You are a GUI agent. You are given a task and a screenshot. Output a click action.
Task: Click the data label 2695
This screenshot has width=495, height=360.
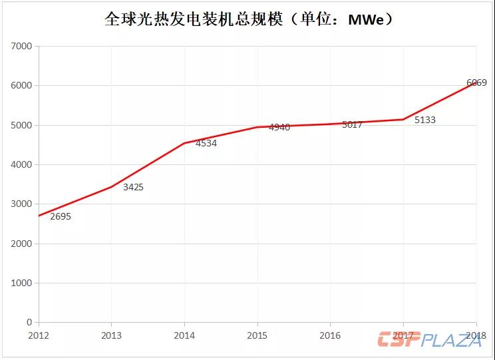pyautogui.click(x=60, y=216)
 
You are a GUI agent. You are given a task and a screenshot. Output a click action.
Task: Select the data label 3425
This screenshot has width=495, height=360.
pyautogui.click(x=133, y=187)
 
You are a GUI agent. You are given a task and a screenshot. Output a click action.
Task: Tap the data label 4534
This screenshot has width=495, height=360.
pyautogui.click(x=206, y=143)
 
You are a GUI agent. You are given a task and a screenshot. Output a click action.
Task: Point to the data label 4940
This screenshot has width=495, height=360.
pyautogui.click(x=279, y=127)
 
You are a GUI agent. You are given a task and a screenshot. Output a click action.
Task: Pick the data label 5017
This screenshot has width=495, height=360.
pyautogui.click(x=352, y=124)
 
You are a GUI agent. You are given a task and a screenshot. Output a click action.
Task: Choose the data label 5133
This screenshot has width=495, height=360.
pyautogui.click(x=424, y=120)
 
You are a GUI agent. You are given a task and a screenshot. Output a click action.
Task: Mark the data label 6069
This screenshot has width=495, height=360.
pyautogui.click(x=476, y=83)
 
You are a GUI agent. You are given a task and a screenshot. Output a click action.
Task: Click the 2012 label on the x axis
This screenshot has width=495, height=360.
pyautogui.click(x=39, y=335)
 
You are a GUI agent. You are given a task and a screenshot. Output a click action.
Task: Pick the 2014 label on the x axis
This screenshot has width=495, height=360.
pyautogui.click(x=184, y=335)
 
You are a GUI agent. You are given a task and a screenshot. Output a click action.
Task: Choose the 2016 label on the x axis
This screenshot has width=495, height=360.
pyautogui.click(x=331, y=335)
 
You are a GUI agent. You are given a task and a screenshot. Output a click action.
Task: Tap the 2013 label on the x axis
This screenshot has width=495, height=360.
pyautogui.click(x=112, y=335)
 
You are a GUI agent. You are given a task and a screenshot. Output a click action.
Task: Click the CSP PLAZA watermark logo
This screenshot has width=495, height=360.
pyautogui.click(x=429, y=339)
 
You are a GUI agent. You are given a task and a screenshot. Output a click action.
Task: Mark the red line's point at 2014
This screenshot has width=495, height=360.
pyautogui.click(x=184, y=143)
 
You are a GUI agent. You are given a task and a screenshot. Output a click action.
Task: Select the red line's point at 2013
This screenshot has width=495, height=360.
pyautogui.click(x=112, y=187)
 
